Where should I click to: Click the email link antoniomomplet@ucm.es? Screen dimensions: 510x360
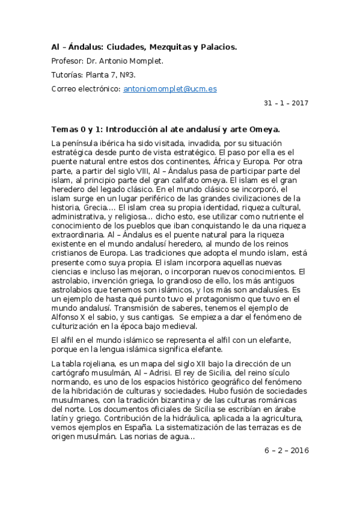tap(170, 88)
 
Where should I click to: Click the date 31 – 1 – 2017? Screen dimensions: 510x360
tap(286, 103)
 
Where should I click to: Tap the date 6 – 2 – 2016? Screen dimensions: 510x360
tap(286, 450)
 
